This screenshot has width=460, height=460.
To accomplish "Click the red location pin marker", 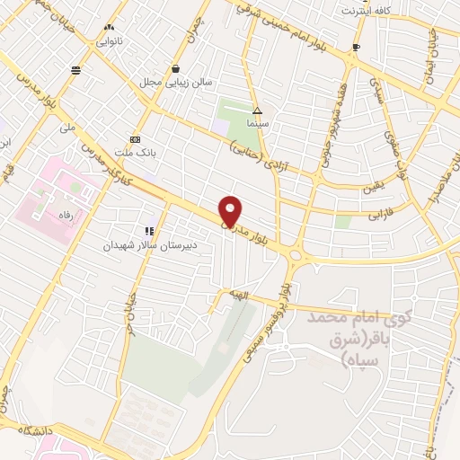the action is click(x=231, y=210).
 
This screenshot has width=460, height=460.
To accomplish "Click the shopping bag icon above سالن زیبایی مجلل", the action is click(x=176, y=67).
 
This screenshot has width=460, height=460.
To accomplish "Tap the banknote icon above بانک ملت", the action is click(x=135, y=139).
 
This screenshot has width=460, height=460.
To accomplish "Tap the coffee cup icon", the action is click(x=357, y=47).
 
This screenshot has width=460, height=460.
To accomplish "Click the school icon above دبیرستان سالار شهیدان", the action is click(x=149, y=231).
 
